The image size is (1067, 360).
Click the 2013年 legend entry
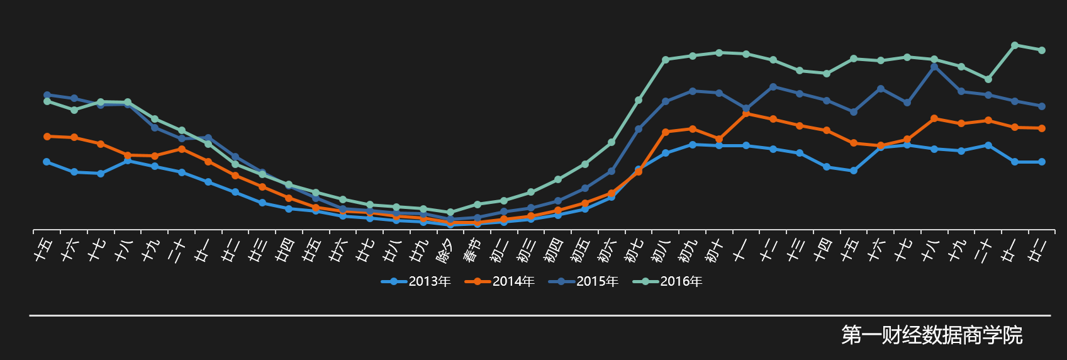416,281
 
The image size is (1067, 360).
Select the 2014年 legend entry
500,281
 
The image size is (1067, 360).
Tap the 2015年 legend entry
584,281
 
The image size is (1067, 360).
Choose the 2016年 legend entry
668,281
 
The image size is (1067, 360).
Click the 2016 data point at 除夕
450,212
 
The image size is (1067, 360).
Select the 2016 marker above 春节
477,204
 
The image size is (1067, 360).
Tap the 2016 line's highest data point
1015,45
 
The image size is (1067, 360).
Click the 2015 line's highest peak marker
934,66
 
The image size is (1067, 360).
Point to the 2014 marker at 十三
800,126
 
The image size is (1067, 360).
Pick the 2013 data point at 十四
827,167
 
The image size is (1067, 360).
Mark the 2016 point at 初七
639,100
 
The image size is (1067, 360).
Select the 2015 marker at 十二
773,87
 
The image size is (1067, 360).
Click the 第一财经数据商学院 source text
932,335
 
